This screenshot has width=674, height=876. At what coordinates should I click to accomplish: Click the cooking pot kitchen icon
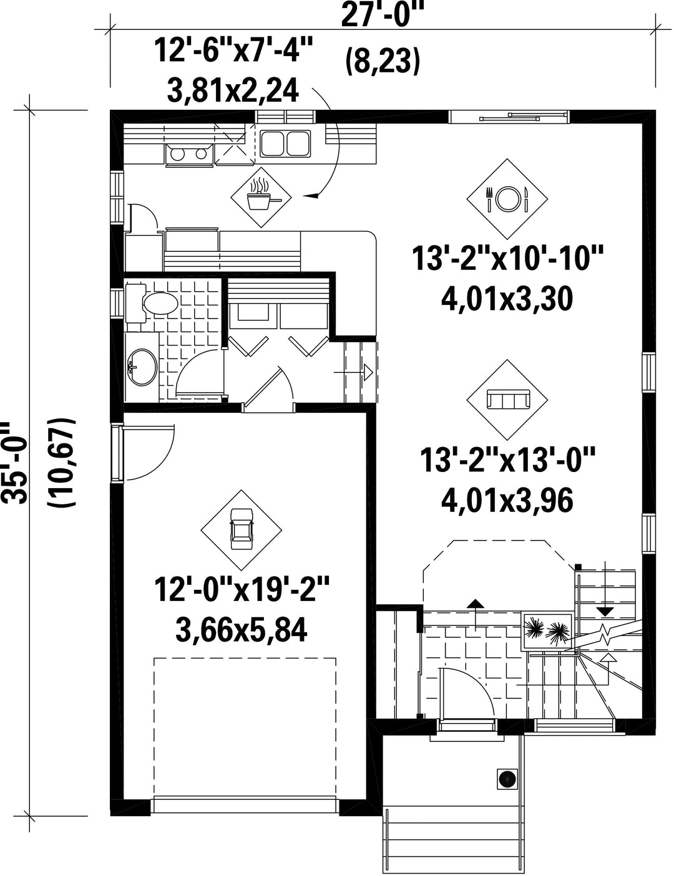click(x=261, y=196)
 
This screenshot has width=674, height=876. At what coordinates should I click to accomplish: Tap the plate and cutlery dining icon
click(x=507, y=199)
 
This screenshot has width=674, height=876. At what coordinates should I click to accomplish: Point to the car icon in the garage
click(x=241, y=529)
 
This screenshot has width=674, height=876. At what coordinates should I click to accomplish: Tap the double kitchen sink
click(x=286, y=143)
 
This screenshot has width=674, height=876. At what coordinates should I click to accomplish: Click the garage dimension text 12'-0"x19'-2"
click(x=242, y=589)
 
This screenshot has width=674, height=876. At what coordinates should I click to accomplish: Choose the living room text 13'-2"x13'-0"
click(x=507, y=460)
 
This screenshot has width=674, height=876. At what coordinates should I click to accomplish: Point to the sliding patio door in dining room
click(x=509, y=117)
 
